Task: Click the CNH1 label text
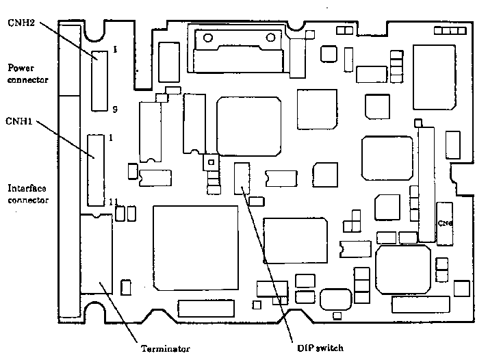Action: tap(19, 121)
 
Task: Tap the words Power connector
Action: tap(27, 73)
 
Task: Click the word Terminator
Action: tap(164, 348)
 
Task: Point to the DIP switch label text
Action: tap(316, 348)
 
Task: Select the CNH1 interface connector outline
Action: tap(96, 170)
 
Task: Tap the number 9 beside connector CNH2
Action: tap(115, 107)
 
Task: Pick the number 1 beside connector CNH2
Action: tap(115, 49)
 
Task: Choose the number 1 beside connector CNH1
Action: tap(111, 138)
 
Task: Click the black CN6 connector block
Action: tap(445, 224)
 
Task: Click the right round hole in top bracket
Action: tap(271, 36)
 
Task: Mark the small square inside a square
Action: tap(211, 163)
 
